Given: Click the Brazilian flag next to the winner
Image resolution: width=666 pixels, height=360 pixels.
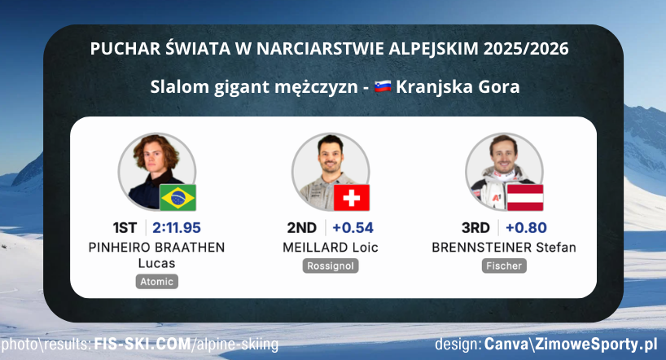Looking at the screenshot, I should click(178, 198).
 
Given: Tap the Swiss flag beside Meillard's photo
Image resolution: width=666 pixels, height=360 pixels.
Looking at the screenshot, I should click(352, 198).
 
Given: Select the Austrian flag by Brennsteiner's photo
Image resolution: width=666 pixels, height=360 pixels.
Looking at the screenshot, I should click(525, 198).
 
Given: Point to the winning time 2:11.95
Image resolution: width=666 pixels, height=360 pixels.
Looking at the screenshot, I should click(177, 228).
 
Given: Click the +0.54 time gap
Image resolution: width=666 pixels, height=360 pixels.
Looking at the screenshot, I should click(353, 228).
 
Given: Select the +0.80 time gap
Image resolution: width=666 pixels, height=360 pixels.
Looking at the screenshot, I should click(525, 228).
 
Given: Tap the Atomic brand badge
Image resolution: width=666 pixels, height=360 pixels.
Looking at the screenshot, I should click(156, 281).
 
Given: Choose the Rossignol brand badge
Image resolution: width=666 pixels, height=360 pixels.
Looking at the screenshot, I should click(331, 266).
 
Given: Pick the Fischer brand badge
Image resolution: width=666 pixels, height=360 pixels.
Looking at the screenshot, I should click(504, 266).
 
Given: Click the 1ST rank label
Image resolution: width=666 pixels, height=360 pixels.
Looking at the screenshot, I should click(129, 228).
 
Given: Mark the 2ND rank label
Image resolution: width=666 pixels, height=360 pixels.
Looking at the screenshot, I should click(302, 228).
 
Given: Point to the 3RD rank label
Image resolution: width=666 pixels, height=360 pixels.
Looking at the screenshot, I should click(475, 228).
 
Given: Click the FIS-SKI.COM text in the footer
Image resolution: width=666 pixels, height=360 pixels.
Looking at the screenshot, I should click(141, 345).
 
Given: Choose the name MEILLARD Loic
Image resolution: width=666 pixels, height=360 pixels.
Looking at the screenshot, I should click(331, 248).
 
